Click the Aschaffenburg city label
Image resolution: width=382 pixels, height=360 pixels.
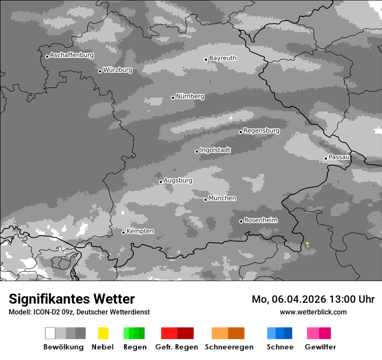(x=72, y=56)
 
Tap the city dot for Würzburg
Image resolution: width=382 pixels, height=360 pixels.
(x=100, y=71)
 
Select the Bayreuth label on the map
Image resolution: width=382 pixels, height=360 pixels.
(x=223, y=58)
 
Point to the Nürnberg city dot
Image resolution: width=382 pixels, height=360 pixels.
(x=173, y=98)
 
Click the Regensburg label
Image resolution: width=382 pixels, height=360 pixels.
(x=261, y=131)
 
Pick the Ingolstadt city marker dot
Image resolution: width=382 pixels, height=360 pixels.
(x=197, y=151)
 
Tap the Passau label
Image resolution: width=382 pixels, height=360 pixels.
(x=339, y=157)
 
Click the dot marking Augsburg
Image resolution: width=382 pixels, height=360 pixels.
(x=161, y=182)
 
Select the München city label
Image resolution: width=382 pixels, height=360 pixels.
(x=222, y=198)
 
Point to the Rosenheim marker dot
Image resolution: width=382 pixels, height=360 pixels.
(x=241, y=221)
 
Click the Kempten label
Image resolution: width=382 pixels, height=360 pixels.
(x=140, y=231)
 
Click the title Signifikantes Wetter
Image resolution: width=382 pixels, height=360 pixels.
(x=72, y=299)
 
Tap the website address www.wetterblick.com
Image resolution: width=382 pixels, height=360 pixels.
(x=313, y=312)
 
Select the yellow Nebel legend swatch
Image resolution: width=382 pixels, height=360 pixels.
(x=103, y=333)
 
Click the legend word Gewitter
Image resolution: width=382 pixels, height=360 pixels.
(x=320, y=347)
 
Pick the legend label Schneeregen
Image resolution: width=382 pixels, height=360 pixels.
(x=229, y=347)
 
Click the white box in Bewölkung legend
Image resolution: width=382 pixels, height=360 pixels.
(x=50, y=333)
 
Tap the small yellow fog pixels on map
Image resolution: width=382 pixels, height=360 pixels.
(x=307, y=245)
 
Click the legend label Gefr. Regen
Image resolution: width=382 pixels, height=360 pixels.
(x=177, y=347)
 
